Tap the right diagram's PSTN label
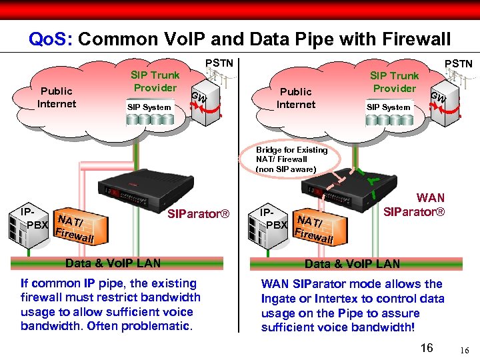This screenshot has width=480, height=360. pos(458,63)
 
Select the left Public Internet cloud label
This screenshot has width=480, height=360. pos(57,97)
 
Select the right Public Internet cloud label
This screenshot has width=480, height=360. pos(296,98)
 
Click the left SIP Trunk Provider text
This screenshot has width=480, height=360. pos(155,82)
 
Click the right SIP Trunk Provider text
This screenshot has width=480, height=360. pos(394,82)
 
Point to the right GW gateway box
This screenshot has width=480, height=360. pos(437,99)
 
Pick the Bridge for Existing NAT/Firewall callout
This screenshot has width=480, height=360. pos(291,159)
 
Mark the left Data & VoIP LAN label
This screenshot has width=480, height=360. pos(113,263)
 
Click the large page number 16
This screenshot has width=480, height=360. pos(427,347)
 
